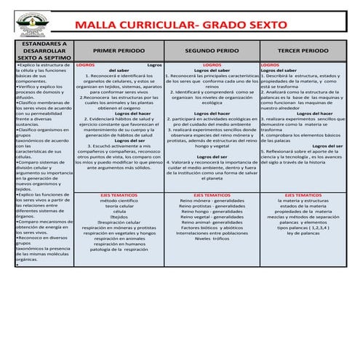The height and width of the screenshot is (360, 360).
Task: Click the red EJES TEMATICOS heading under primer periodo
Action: click(x=119, y=196)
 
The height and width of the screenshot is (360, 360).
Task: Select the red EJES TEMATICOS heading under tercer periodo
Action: click(x=303, y=196)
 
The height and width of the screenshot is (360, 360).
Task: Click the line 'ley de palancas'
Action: click(x=303, y=232)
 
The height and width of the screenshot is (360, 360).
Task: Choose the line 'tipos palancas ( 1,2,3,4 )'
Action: click(x=303, y=226)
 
